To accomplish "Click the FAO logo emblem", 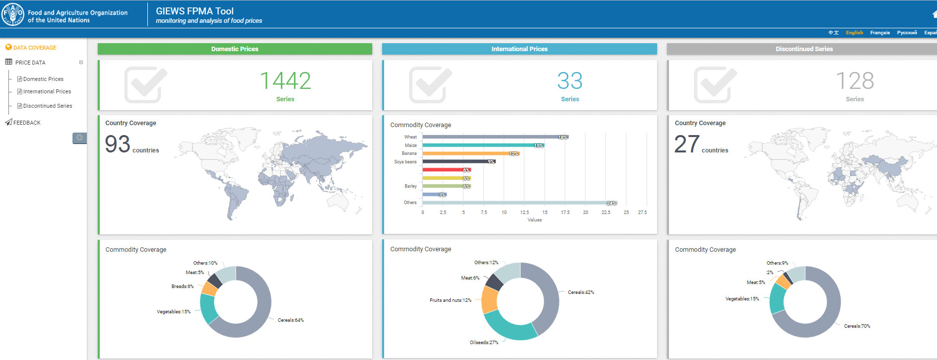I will [x=12, y=14].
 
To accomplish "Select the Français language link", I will [x=879, y=33].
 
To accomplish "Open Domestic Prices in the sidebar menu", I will [x=43, y=79].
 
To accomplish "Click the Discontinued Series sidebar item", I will [x=48, y=106].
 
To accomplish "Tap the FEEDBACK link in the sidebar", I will [x=27, y=123].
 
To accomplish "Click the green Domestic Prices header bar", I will [x=235, y=49].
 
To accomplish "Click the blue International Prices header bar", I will [x=519, y=49].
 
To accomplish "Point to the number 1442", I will [x=285, y=81].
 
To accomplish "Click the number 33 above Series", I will [x=570, y=81].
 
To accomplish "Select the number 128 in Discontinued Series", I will [x=855, y=81].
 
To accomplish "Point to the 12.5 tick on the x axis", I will [x=525, y=213].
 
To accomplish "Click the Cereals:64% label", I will [x=291, y=320].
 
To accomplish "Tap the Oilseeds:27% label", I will [x=484, y=343].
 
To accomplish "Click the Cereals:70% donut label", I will [x=857, y=326].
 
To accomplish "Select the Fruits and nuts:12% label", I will [x=451, y=300].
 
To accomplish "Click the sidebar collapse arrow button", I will [x=79, y=138].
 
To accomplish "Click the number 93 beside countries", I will [x=118, y=144].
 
